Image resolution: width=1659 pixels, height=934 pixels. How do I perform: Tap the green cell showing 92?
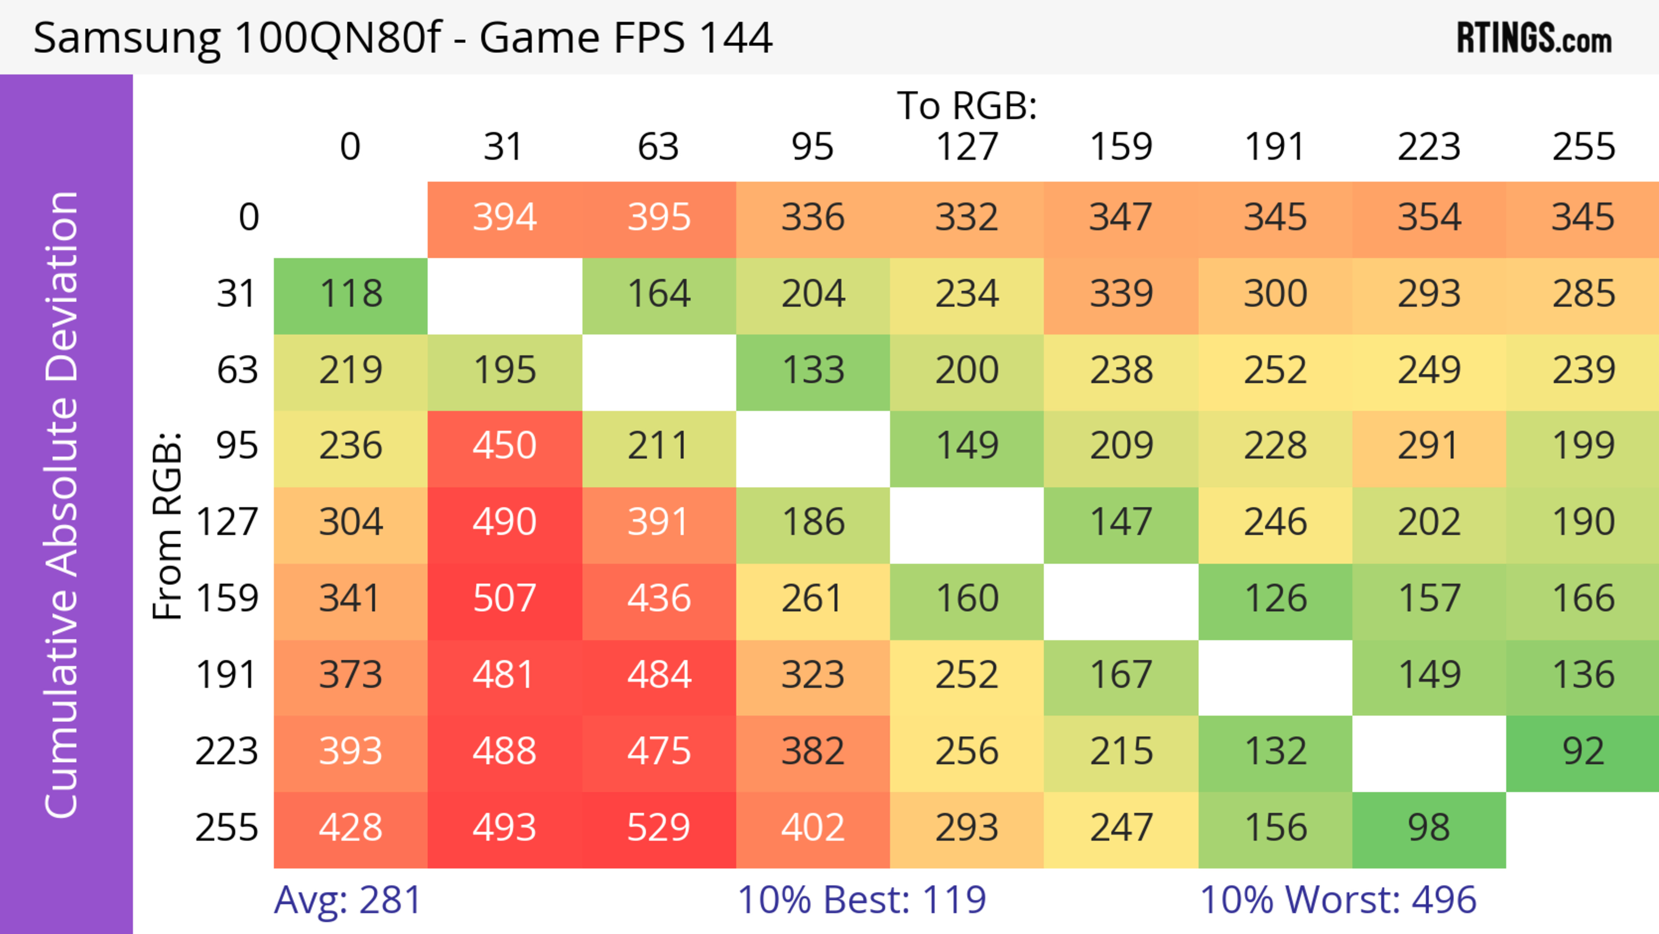click(1583, 752)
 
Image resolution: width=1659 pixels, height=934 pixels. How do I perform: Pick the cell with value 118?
click(350, 294)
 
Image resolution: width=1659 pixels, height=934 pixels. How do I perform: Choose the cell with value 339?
click(1121, 294)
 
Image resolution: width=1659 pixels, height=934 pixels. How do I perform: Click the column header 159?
click(1121, 147)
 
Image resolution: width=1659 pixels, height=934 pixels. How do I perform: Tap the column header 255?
click(1583, 147)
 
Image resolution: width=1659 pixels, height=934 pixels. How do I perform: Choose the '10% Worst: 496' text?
click(1338, 900)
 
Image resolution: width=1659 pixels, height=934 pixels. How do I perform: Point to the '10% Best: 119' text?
click(861, 900)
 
